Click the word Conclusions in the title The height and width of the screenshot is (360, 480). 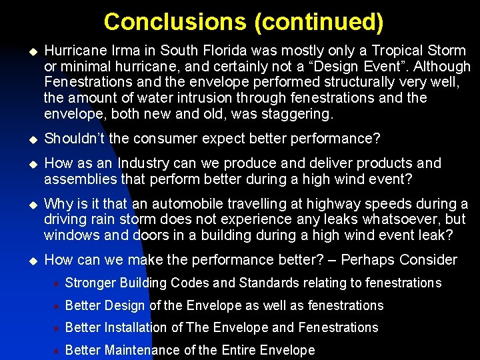(x=175, y=21)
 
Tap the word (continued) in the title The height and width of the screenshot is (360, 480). (x=319, y=21)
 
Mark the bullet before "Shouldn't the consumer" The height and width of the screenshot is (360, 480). (x=29, y=139)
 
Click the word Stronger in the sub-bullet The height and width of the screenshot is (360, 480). (x=91, y=283)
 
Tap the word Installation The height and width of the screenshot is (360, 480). (x=133, y=327)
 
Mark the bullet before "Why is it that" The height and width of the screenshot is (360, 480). (x=29, y=204)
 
